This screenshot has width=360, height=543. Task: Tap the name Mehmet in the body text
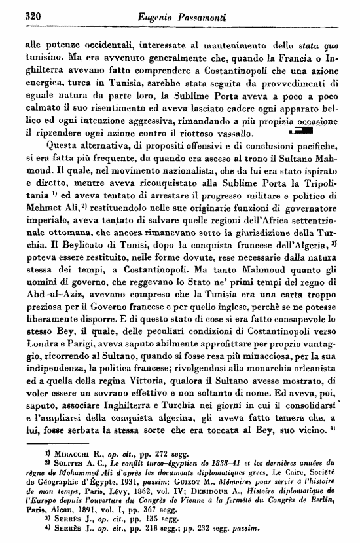42,208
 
